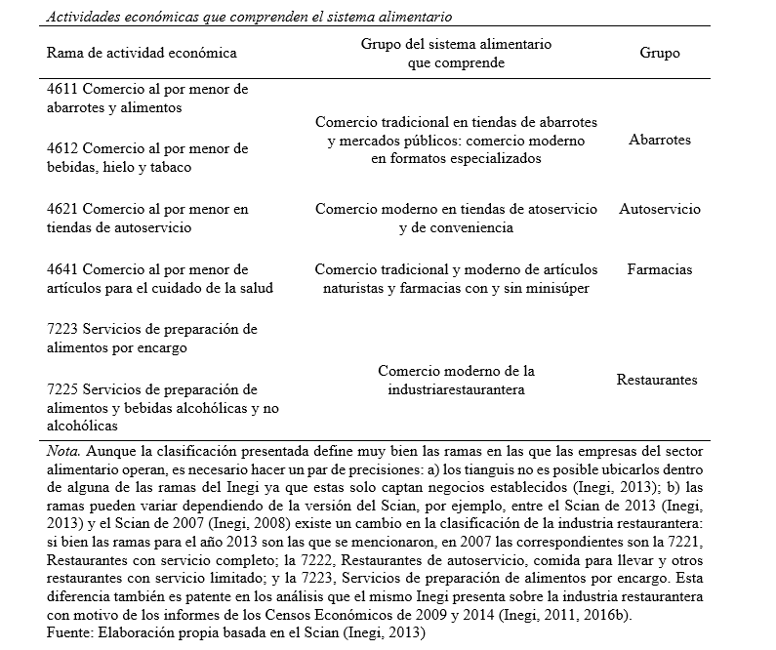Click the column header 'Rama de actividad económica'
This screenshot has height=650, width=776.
[142, 54]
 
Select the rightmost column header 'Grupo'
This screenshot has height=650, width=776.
[659, 54]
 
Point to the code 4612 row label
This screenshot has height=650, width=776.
[62, 148]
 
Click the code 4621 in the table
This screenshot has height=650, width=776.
[62, 209]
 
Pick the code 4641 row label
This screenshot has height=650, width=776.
[62, 269]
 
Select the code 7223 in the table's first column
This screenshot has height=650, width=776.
[62, 329]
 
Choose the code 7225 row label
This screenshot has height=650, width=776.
[62, 389]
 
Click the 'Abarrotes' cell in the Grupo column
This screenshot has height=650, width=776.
[660, 140]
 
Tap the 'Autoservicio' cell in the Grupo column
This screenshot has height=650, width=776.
[660, 209]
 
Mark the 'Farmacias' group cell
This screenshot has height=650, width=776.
[660, 269]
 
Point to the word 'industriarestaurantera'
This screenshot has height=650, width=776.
[456, 389]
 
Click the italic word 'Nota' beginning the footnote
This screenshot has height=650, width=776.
[62, 453]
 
